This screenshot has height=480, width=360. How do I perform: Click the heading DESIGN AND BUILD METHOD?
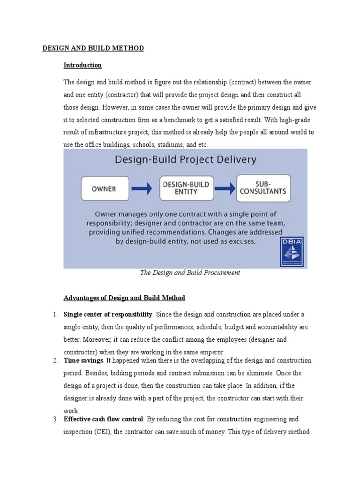93,48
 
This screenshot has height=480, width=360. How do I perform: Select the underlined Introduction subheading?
82,65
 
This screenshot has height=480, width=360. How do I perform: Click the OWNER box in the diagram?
104,189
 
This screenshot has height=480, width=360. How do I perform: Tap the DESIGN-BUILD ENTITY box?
186,188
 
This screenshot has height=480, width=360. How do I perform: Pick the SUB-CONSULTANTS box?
263,188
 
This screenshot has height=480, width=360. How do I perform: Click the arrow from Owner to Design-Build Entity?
142,189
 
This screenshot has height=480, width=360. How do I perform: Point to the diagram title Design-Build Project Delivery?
186,160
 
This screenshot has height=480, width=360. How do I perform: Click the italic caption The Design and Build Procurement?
190,273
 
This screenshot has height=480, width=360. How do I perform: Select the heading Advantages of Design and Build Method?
124,298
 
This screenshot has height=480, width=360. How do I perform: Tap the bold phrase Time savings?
83,360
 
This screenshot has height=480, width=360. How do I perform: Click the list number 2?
55,360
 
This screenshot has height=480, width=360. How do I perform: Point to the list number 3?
55,419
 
